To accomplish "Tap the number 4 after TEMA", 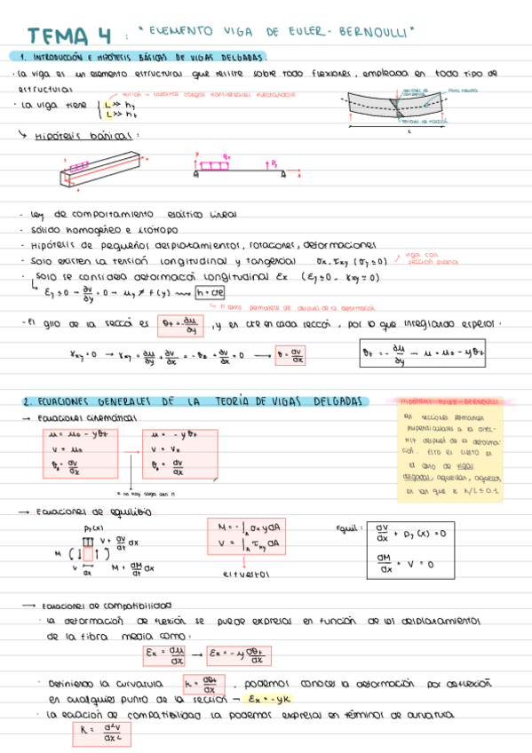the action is (x=105, y=36).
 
